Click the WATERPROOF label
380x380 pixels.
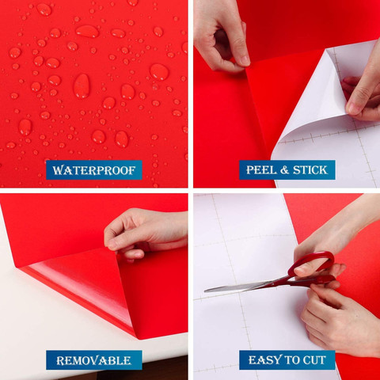click(94, 170)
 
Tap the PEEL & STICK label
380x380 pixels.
click(287, 170)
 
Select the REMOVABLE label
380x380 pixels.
click(94, 360)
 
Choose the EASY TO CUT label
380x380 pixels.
click(287, 360)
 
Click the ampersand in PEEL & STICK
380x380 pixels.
click(284, 170)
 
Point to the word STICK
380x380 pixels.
click(310, 170)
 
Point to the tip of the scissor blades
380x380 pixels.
click(205, 291)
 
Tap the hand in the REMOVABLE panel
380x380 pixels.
click(145, 234)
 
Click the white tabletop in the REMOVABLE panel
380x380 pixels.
click(53, 317)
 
